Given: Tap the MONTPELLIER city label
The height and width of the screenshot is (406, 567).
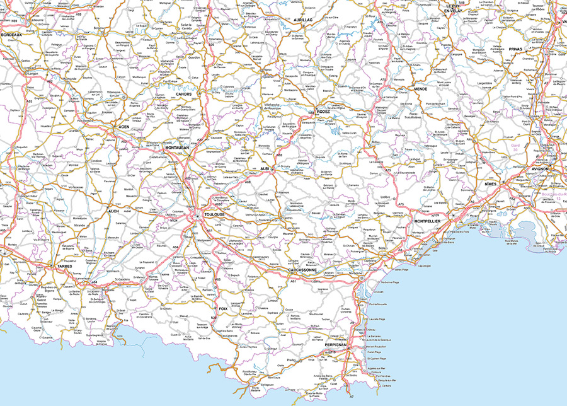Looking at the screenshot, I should [x=432, y=222].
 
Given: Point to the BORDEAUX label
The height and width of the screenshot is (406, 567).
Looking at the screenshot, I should [x=11, y=35].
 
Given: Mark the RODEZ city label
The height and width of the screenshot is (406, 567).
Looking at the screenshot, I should [x=323, y=112].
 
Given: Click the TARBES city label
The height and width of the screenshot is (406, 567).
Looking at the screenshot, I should [x=65, y=266].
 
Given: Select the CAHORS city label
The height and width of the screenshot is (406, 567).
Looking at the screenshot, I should [x=184, y=94].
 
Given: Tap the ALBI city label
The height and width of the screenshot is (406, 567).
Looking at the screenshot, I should [x=264, y=169].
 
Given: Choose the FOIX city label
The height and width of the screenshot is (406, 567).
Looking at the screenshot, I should [x=222, y=308].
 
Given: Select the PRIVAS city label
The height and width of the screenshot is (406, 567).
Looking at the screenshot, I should [x=516, y=49].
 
